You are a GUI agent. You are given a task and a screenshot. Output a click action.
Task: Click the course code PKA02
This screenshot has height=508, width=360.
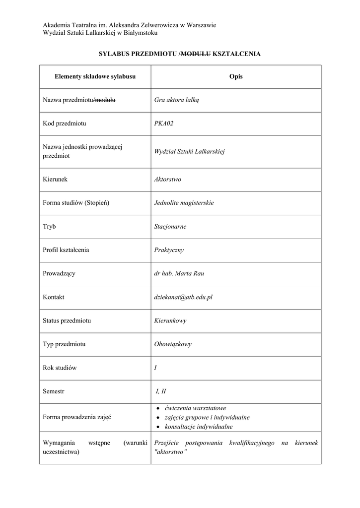[x=164, y=124]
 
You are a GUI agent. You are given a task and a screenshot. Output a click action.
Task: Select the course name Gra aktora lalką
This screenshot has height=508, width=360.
[x=176, y=101]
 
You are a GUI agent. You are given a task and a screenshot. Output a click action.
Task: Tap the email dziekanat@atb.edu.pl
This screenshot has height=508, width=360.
[x=183, y=297]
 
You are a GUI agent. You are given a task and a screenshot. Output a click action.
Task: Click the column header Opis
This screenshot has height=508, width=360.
[x=236, y=77]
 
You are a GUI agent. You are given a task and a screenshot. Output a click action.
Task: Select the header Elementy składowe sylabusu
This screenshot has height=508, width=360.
[x=95, y=77]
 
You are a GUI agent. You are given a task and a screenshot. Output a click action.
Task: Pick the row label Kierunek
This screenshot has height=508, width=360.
[x=55, y=179]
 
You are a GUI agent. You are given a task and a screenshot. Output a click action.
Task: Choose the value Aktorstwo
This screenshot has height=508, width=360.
[x=168, y=179]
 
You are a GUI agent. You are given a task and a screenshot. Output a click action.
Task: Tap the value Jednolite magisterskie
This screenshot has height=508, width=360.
[x=184, y=203]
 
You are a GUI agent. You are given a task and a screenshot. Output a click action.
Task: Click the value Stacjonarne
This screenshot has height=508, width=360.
[x=170, y=227]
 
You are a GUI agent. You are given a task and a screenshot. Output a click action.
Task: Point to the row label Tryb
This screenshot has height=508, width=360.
[x=49, y=227]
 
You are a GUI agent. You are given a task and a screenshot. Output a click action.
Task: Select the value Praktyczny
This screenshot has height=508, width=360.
[x=169, y=250]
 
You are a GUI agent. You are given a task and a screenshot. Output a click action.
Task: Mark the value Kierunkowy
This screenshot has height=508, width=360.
[x=170, y=321]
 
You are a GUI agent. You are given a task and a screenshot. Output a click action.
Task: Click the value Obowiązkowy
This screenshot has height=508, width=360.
[x=173, y=344]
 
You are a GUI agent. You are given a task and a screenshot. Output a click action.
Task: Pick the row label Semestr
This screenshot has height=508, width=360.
[x=54, y=391]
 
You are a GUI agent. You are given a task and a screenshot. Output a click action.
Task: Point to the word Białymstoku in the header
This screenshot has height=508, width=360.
[x=141, y=33]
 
